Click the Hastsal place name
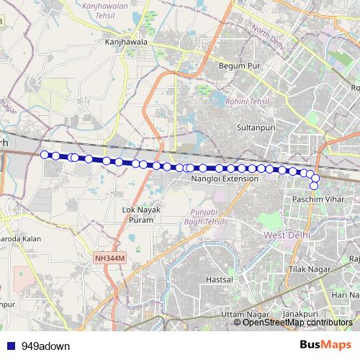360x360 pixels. (220, 279)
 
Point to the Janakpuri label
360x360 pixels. (300, 315)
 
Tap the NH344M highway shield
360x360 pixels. (109, 257)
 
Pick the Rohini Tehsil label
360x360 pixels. (246, 102)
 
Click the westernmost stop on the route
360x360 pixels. (45, 154)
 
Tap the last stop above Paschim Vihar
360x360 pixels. (315, 186)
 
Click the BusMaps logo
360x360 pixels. (325, 346)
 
